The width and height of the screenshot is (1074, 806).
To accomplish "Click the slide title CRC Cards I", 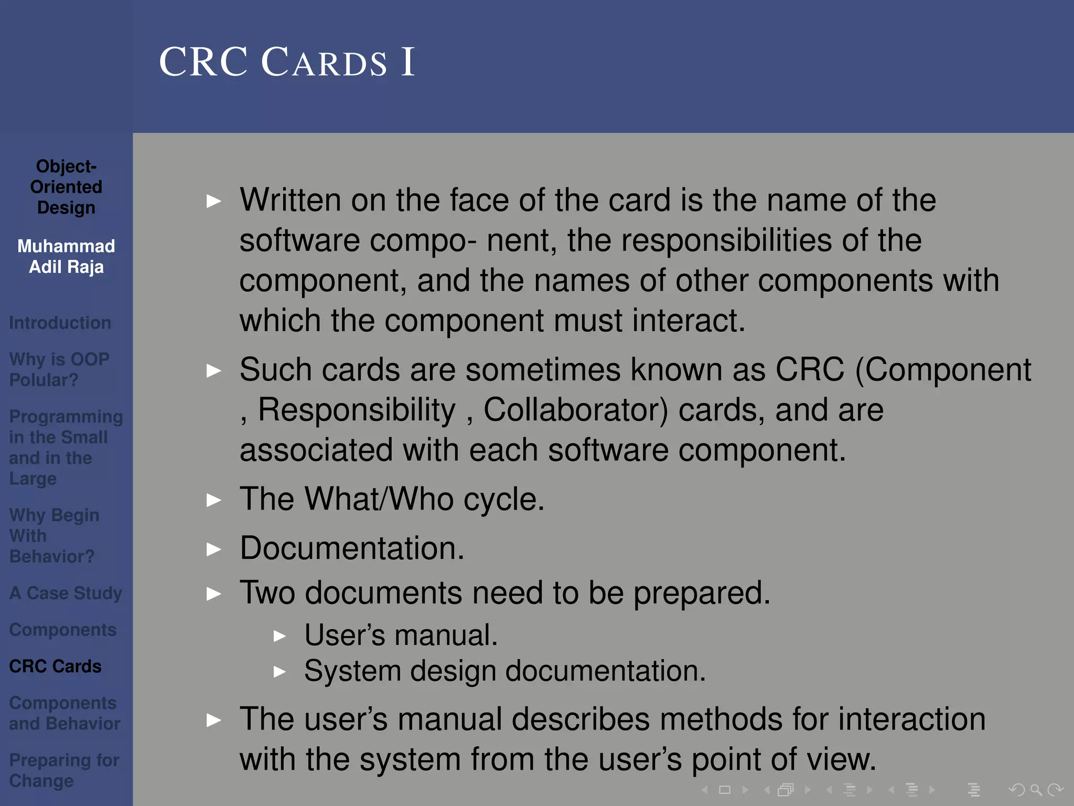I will pos(287,62).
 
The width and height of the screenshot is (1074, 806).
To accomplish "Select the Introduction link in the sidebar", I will pos(60,323).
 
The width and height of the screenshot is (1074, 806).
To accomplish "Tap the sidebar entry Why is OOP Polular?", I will pos(59,369).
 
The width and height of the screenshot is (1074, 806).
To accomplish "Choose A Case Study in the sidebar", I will pos(66,593).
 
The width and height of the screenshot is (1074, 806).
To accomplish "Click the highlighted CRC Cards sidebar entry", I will pos(55,666).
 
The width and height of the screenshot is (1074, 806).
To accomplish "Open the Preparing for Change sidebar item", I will pos(64,770).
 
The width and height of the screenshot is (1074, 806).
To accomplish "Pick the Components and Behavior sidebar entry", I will pos(64,713).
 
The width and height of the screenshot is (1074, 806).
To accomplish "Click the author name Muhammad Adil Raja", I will pos(66,257).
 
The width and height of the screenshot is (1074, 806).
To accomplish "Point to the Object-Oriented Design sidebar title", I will pos(66,187).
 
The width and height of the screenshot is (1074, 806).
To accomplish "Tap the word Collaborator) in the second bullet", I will pos(575,410).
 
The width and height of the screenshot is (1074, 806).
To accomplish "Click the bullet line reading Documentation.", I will pos(352,548).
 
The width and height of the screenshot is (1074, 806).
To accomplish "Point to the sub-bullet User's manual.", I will pos(401,635).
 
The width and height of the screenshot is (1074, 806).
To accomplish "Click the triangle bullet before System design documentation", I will pos(280,672).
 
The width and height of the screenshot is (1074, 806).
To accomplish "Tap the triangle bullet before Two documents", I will pos(214,594).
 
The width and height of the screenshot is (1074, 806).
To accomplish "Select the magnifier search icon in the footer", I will pos(1036,790).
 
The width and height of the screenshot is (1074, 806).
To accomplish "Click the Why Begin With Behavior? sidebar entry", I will pos(54,536).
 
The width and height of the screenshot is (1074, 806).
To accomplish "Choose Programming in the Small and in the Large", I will pos(66,448).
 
